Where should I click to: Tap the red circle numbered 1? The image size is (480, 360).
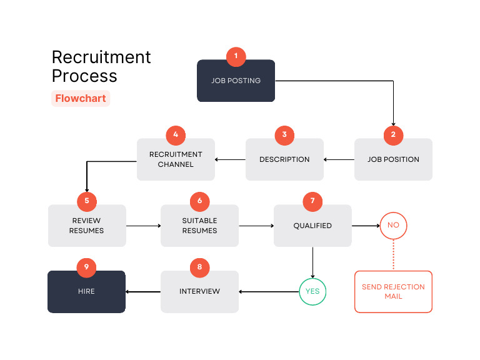tap(236, 56)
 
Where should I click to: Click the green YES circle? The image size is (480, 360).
tap(312, 291)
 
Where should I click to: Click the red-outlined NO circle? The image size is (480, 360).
tap(393, 225)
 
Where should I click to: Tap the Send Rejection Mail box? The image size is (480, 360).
tap(393, 292)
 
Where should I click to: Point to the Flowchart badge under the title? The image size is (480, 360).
tap(81, 98)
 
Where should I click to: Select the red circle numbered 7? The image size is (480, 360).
tap(312, 201)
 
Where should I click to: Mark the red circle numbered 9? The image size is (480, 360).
tap(87, 267)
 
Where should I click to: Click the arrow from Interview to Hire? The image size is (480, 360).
tap(143, 291)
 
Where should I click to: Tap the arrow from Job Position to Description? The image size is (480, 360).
tap(339, 159)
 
